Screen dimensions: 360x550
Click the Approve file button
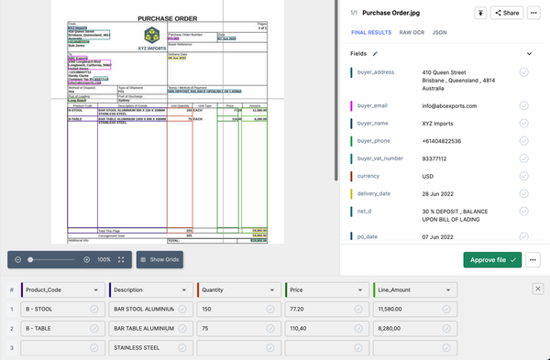[x=491, y=260]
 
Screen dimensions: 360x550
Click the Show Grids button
[x=161, y=260]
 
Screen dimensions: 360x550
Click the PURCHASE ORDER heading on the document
[x=167, y=17]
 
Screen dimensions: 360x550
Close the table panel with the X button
[x=538, y=289]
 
